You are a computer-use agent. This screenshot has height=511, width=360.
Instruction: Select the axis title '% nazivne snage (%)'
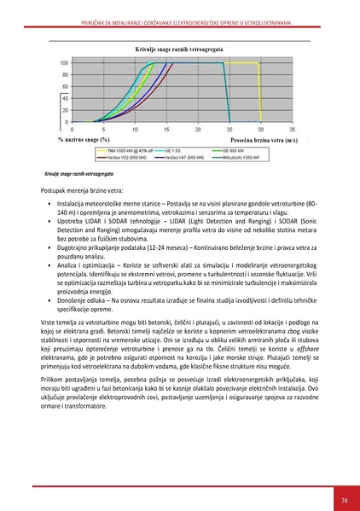(x=84, y=138)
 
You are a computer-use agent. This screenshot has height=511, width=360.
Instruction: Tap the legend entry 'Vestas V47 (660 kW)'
(x=181, y=157)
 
